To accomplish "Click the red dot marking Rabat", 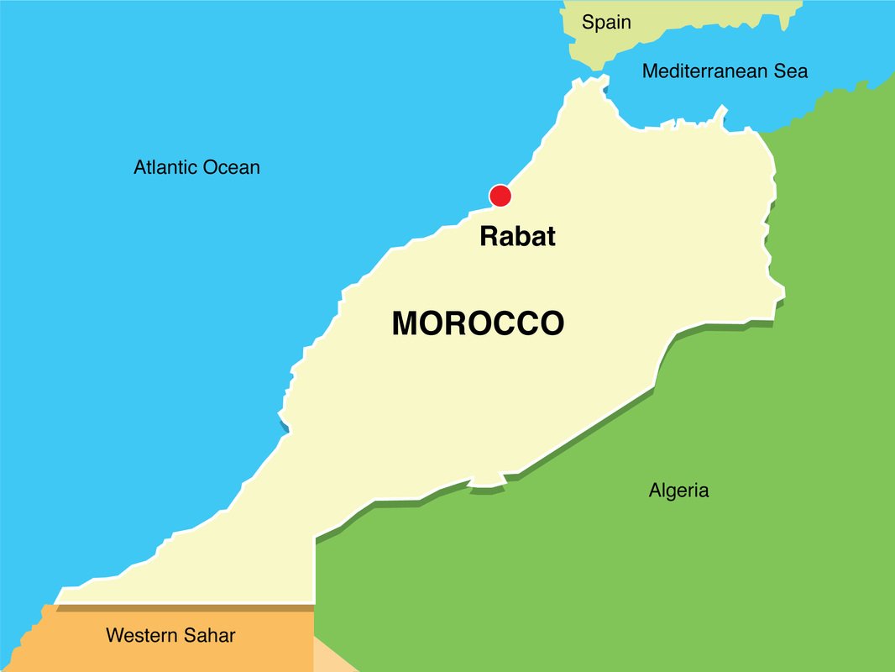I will (500, 196).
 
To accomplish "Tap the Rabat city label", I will (517, 236).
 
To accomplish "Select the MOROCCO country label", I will (478, 323).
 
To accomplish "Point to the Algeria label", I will (678, 491).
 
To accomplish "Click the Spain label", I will (606, 23).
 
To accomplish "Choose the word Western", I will (141, 636).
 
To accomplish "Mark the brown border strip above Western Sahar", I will (185, 607).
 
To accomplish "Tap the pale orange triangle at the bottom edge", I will (329, 657).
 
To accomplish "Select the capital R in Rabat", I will (489, 236).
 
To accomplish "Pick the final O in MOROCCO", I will (550, 323).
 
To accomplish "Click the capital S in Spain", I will (589, 23).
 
